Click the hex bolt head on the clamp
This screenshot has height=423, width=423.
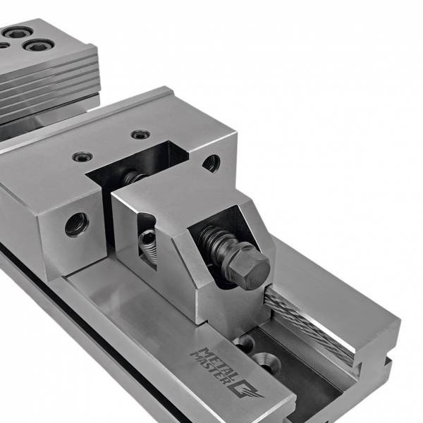tap(252, 266)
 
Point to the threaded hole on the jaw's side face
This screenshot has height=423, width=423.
tap(77, 224)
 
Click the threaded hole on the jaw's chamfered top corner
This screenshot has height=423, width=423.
tap(211, 164)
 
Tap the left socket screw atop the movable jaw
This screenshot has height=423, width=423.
tap(82, 157)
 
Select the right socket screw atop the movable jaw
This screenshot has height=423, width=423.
tap(140, 134)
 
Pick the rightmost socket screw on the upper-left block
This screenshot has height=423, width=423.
tap(39, 45)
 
